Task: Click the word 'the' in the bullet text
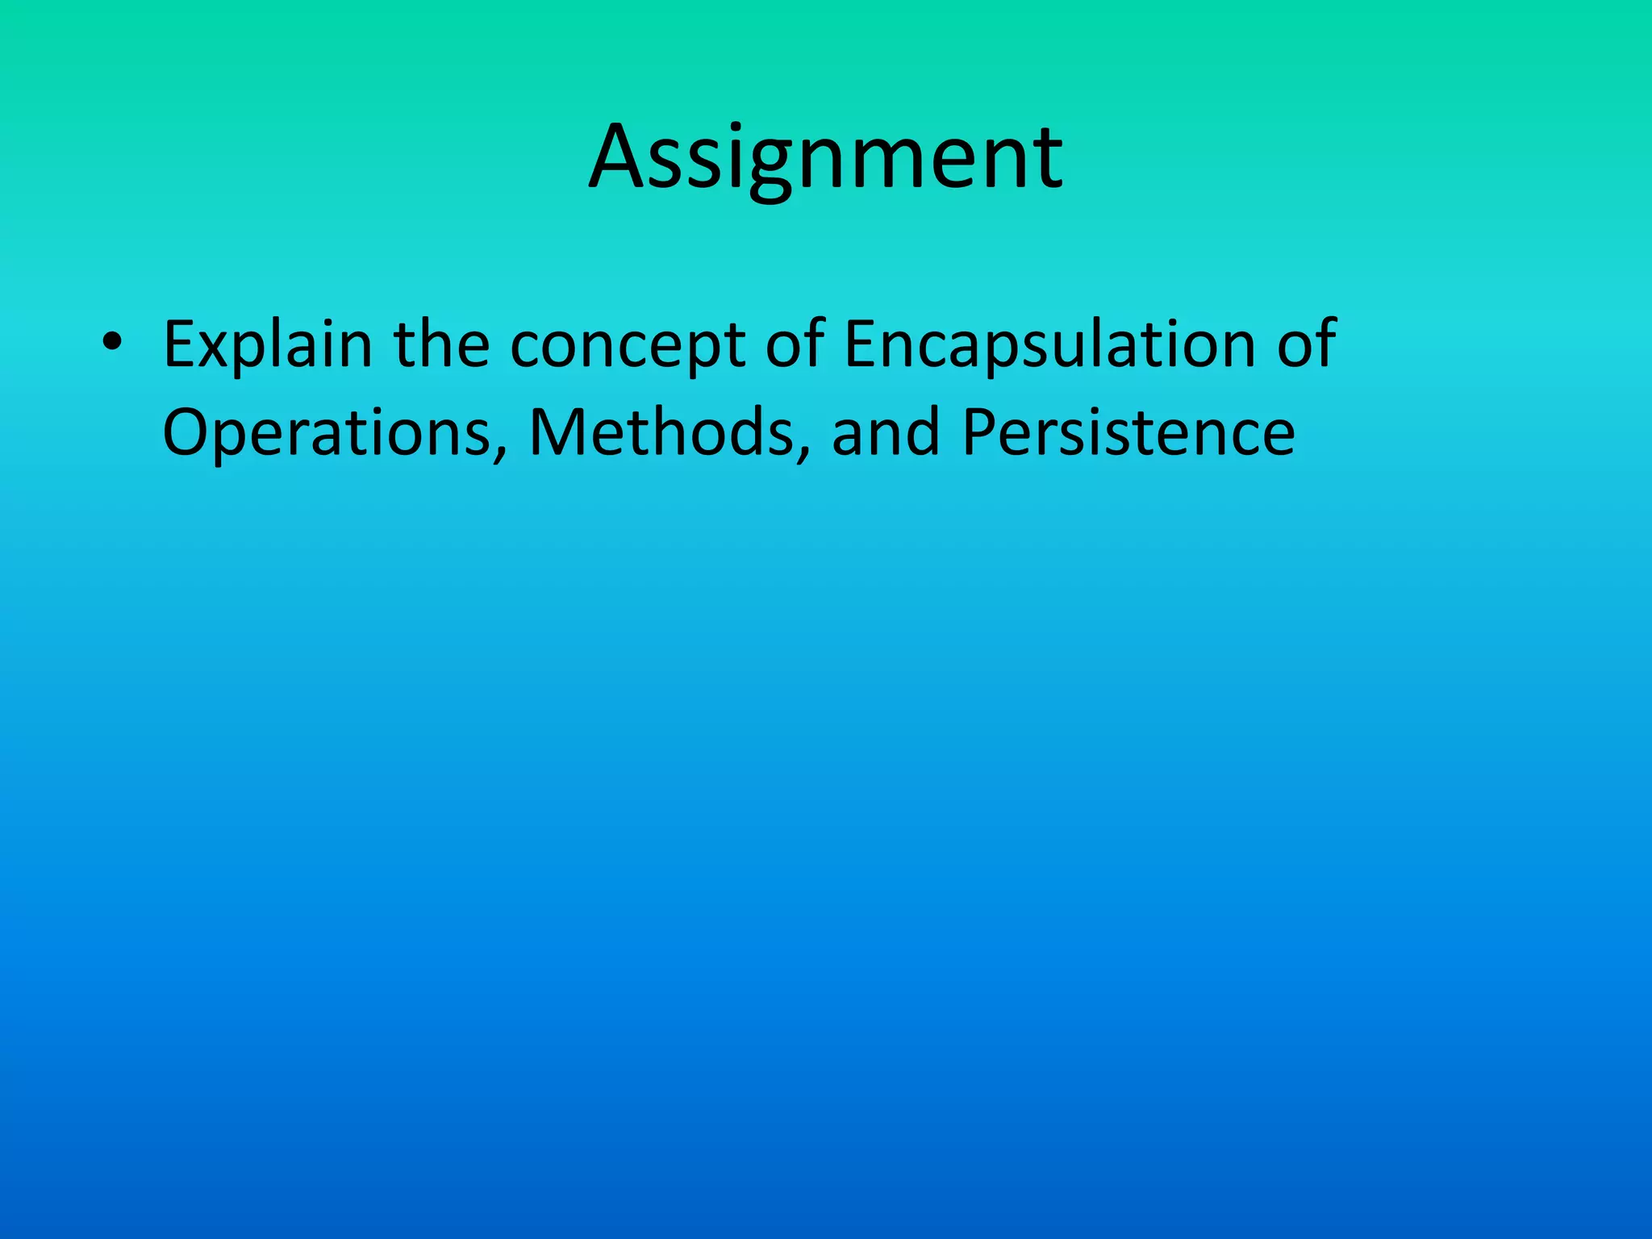pos(441,345)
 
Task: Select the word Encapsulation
pos(1049,345)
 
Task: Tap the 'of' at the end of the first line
pos(1306,345)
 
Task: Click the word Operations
pos(327,434)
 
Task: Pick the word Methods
pos(661,432)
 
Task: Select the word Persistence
pos(1128,432)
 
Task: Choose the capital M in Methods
pos(561,432)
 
